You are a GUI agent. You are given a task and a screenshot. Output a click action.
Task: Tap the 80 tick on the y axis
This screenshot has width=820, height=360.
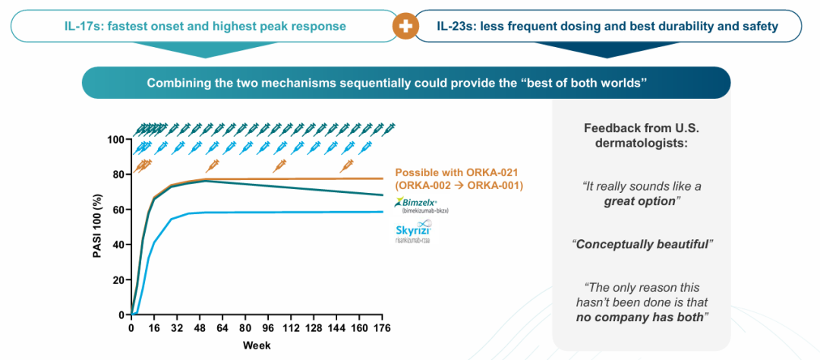(116, 175)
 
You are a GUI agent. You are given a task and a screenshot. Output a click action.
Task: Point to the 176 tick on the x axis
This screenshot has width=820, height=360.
(380, 328)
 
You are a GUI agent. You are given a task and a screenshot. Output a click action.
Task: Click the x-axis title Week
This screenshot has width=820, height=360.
(256, 346)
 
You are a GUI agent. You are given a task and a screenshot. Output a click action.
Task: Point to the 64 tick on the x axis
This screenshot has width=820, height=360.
(222, 328)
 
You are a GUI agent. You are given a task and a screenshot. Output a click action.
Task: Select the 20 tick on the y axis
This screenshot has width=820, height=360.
(116, 279)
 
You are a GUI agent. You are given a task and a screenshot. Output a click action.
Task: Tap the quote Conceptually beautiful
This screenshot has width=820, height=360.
(642, 245)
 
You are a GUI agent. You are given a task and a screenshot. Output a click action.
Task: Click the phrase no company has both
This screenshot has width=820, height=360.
(639, 317)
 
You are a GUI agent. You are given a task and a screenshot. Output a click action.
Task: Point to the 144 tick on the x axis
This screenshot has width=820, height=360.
(335, 328)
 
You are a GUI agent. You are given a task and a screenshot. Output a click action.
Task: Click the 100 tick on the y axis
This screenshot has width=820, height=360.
(114, 140)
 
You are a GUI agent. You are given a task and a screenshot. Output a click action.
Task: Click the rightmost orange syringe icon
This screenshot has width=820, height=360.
(347, 164)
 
